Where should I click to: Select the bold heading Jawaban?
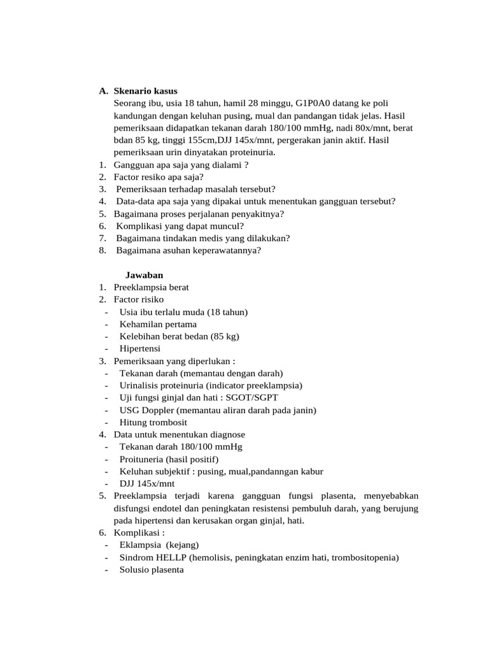144,275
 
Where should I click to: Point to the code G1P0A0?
313,103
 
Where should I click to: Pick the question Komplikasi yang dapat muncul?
180,226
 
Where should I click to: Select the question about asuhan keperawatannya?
188,250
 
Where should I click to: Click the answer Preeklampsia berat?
151,287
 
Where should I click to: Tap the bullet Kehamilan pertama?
158,324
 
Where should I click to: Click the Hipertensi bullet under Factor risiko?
140,348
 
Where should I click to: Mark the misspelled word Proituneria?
141,459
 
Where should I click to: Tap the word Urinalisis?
140,385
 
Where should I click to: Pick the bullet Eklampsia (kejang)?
159,545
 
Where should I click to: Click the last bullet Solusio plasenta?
152,570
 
